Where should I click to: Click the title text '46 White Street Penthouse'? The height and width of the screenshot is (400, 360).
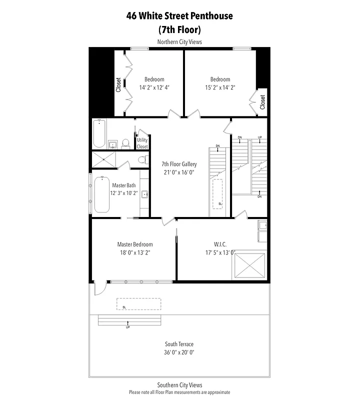[179, 16]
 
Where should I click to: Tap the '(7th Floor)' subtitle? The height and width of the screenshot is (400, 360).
[179, 29]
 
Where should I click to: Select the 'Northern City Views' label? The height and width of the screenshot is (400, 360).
[179, 42]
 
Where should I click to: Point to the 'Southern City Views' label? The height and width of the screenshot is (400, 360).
[179, 385]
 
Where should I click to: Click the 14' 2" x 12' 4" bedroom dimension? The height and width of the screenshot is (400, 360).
[154, 87]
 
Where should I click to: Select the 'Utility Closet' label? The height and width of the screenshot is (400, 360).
[142, 143]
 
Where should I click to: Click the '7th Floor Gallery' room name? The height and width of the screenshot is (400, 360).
[179, 164]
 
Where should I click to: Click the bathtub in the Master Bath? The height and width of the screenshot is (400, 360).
[101, 194]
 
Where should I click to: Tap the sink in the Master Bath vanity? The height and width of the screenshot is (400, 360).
[144, 194]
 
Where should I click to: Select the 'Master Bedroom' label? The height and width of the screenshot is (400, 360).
[135, 244]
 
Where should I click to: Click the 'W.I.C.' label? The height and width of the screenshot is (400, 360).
[220, 244]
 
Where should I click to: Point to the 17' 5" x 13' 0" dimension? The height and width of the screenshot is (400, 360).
[220, 252]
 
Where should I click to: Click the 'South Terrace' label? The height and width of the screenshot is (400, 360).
[179, 344]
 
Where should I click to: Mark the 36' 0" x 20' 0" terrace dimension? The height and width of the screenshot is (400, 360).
[179, 352]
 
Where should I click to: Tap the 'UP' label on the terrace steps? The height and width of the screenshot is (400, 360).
[128, 327]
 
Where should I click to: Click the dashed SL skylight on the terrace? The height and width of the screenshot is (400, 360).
[138, 304]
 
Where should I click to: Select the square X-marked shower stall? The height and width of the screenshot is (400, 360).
[104, 159]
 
